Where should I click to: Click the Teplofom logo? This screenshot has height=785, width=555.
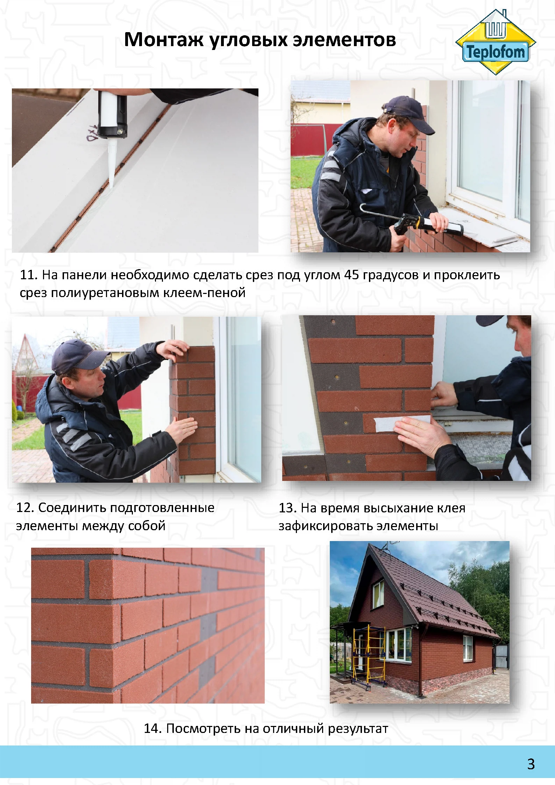click(496, 42)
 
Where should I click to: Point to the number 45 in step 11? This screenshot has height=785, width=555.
click(351, 275)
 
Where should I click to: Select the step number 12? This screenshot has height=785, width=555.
click(25, 507)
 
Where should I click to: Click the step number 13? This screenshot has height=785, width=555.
click(287, 508)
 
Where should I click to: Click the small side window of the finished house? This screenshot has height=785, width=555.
click(468, 648)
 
